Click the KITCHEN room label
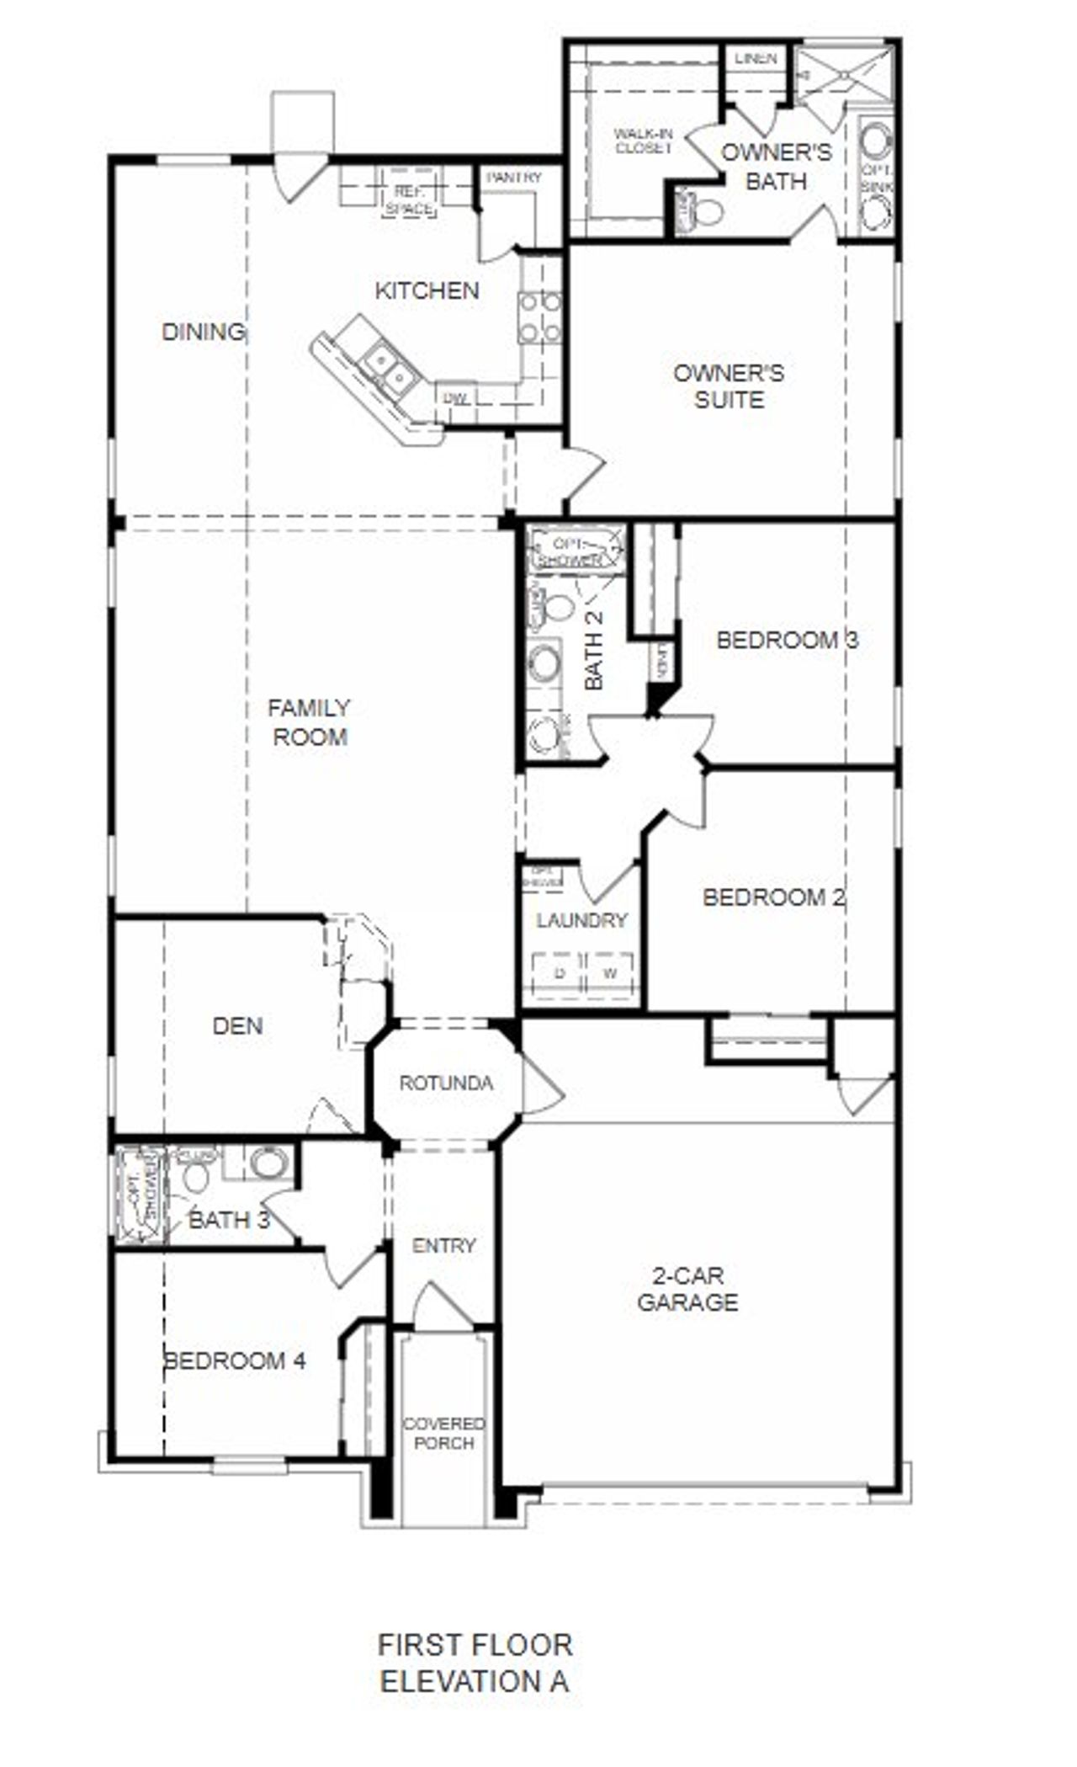[427, 291]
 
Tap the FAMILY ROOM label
[310, 722]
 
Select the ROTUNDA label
[446, 1083]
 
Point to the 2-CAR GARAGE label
[687, 1289]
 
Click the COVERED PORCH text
[444, 1433]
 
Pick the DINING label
[203, 332]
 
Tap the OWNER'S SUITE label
[729, 386]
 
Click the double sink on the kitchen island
[389, 370]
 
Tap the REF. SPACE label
[410, 200]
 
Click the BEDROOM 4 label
[235, 1361]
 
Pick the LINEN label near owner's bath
[756, 59]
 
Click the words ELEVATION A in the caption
[474, 1682]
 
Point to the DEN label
[237, 1026]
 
